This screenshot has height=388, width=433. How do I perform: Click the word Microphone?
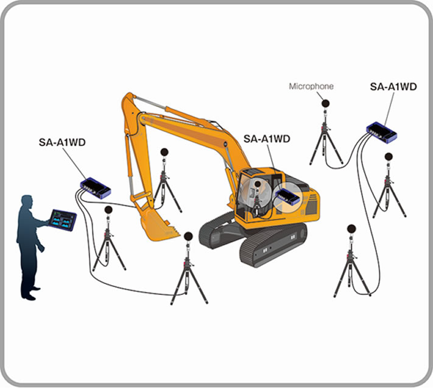311,86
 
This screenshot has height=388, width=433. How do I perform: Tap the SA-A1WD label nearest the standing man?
62,142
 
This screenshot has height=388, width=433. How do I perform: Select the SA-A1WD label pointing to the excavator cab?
267,139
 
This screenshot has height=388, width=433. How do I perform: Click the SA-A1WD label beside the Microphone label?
393,87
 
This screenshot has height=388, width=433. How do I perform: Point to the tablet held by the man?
62,220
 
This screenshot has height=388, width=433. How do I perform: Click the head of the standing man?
27,202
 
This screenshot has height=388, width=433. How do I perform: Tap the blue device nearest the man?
95,187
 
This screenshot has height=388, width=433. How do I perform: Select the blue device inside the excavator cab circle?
288,196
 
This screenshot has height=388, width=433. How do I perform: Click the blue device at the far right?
381,132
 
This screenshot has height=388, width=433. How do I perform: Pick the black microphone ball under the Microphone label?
325,103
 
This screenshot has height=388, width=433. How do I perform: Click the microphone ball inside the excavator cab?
258,184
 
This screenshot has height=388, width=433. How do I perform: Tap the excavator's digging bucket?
157,224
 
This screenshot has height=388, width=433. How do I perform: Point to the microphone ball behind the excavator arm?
164,152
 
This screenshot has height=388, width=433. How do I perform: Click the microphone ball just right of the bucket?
188,236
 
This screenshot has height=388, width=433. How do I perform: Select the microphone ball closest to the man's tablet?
108,210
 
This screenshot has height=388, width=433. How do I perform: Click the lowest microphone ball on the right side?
351,229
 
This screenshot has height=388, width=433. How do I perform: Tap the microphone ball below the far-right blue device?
389,157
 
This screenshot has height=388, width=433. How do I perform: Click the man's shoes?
32,294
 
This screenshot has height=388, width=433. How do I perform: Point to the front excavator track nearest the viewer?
273,245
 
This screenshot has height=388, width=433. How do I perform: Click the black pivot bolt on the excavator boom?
226,144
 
